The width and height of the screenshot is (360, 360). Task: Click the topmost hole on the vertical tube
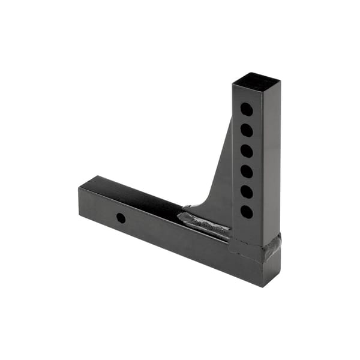[246, 109]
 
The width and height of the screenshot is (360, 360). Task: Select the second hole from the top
[246, 130]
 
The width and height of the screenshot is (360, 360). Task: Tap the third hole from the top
[246, 151]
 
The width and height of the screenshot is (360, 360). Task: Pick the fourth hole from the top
[246, 171]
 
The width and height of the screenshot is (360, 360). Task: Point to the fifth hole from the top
[246, 191]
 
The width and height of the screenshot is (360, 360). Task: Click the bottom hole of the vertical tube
[246, 211]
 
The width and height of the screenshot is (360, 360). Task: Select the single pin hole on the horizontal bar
[121, 218]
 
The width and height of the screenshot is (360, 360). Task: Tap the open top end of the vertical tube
[256, 82]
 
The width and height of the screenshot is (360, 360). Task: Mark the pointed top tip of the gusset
[230, 120]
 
